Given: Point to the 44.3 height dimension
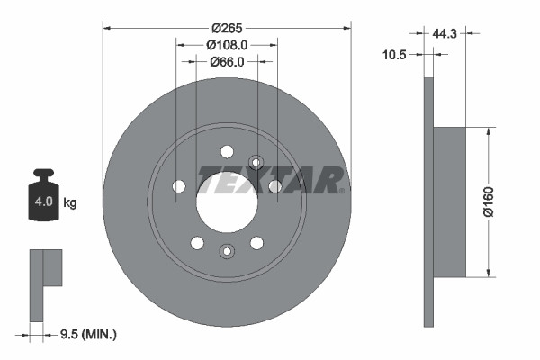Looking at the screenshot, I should tap(445, 33).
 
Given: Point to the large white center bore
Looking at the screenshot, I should tap(226, 198).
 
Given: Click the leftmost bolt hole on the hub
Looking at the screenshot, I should tap(178, 186).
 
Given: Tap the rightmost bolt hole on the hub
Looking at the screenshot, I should tap(275, 186).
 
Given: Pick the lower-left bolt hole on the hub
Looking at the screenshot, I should tap(196, 242).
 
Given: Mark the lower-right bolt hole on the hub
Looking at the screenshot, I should tap(256, 242).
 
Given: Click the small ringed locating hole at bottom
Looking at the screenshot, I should tap(227, 251).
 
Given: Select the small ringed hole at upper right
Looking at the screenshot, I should tap(256, 163).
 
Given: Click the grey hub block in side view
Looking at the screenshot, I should tap(449, 202).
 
